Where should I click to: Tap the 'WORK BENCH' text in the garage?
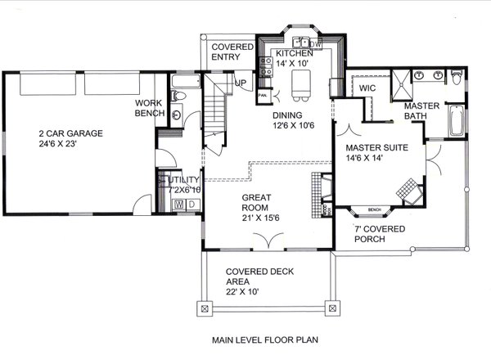point(151,108)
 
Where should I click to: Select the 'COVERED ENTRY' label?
point(226,52)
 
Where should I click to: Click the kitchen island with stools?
point(299,81)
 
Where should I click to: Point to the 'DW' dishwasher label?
point(317,42)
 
